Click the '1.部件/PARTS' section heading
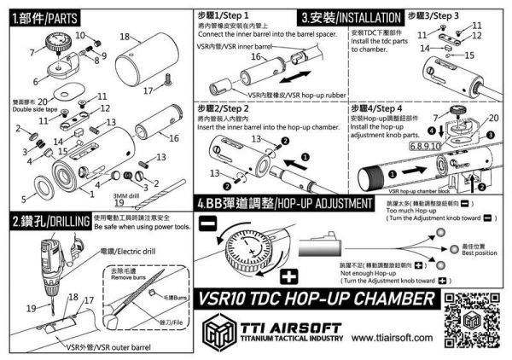click(43, 16)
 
